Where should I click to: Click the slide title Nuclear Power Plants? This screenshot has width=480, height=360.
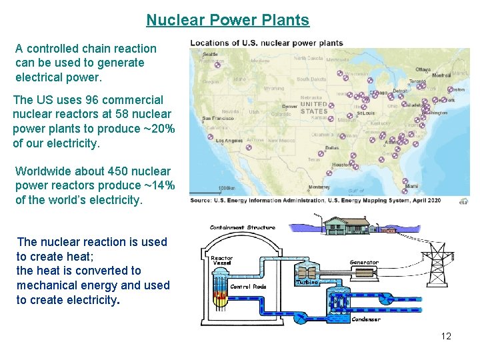click(x=227, y=20)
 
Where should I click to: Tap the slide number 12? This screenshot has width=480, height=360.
click(x=446, y=336)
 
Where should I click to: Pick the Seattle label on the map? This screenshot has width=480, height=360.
click(x=210, y=54)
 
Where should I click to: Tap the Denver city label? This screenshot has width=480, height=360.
click(x=289, y=106)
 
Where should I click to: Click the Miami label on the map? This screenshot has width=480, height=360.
click(x=411, y=186)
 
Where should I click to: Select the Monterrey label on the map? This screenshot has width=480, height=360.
click(x=319, y=187)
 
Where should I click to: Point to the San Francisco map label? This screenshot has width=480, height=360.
click(x=217, y=118)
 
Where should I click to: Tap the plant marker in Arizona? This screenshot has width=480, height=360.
click(x=249, y=147)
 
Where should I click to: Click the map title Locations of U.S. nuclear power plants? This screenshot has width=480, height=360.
click(x=267, y=43)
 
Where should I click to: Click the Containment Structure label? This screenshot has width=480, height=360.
click(x=242, y=227)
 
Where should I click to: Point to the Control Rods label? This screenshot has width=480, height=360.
click(x=248, y=287)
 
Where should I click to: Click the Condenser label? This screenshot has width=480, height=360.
click(x=366, y=319)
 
